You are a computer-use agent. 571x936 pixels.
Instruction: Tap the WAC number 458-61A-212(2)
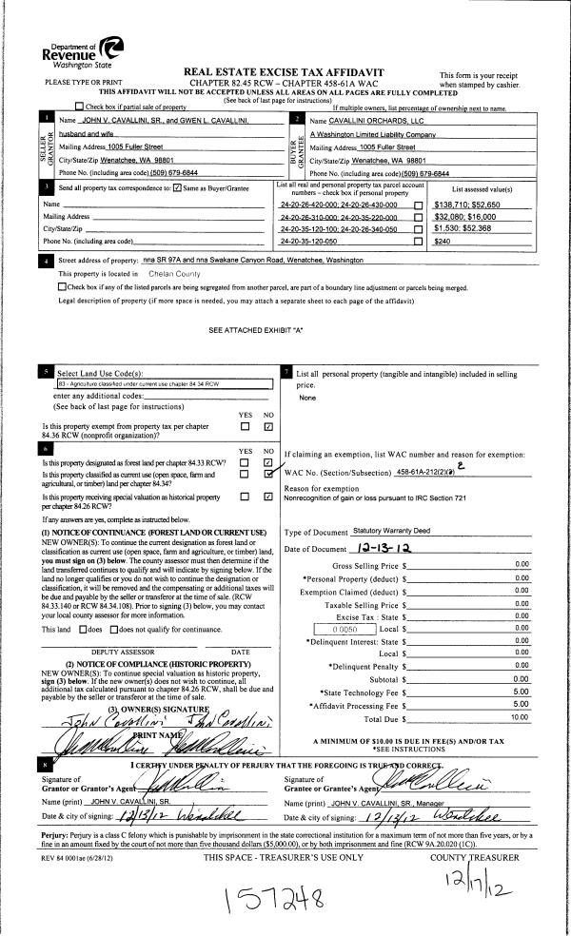[426, 472]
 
